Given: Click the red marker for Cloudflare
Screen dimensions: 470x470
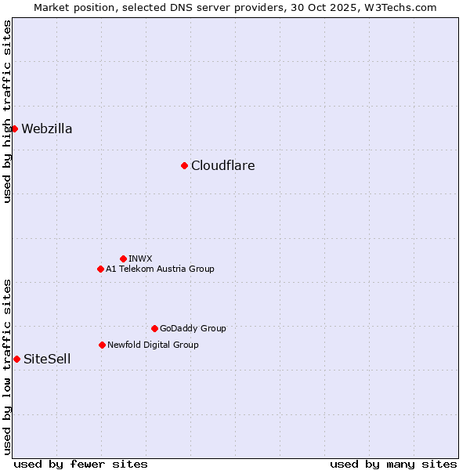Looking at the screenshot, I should [x=184, y=165].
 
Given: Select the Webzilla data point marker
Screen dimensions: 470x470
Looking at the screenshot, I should [x=14, y=128].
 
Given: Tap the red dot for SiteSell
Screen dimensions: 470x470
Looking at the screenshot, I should [x=16, y=359].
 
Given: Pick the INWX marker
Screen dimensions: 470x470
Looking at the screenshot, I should [x=123, y=258].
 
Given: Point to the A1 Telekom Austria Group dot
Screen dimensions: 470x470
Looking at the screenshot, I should [x=100, y=269].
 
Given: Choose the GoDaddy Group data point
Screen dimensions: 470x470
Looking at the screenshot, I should [x=154, y=328].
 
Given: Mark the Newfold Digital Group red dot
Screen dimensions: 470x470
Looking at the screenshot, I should [x=102, y=345].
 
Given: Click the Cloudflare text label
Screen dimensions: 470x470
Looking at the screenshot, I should [x=223, y=165].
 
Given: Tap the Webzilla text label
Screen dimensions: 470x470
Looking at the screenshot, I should [x=47, y=128].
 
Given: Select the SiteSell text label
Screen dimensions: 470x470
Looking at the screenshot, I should [x=47, y=359].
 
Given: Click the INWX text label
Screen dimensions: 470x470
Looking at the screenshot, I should [x=140, y=258].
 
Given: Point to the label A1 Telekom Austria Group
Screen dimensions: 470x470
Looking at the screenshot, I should [x=160, y=269].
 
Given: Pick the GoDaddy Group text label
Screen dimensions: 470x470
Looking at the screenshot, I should [x=193, y=328].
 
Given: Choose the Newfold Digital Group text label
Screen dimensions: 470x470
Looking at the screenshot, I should [x=153, y=345].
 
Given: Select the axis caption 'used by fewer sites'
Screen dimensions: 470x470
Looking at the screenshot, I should [x=81, y=464].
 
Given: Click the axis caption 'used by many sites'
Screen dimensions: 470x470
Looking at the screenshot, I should [x=393, y=464].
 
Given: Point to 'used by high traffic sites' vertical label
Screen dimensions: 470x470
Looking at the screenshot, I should [x=7, y=111].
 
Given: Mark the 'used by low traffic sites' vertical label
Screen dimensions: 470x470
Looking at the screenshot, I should [x=7, y=366].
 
